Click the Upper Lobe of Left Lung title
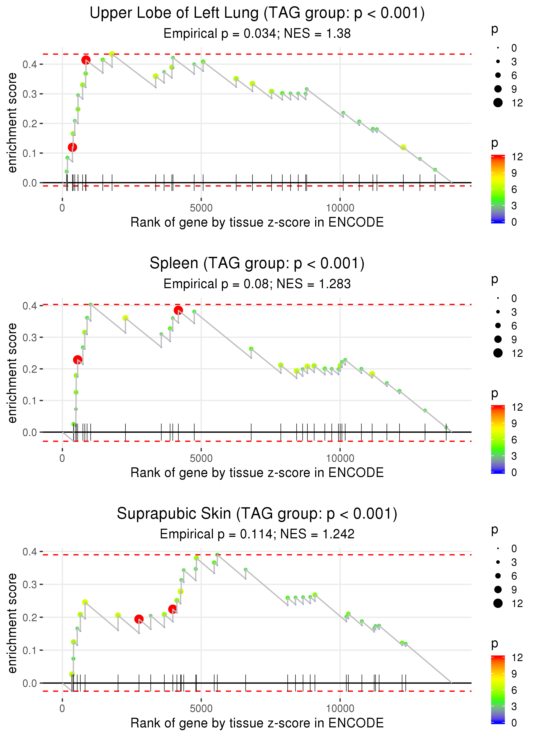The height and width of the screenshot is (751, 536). click(x=257, y=13)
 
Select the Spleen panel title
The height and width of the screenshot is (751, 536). click(x=257, y=263)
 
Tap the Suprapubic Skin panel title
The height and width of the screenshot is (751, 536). click(x=257, y=513)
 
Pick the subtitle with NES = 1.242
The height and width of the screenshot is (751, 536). click(x=257, y=534)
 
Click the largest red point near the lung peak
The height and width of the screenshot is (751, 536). click(x=86, y=60)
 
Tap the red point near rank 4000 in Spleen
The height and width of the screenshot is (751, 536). click(x=178, y=310)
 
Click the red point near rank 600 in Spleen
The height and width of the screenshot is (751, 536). click(x=78, y=360)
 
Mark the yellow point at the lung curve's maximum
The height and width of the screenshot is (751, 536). click(x=112, y=54)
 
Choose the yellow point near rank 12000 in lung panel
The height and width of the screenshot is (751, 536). click(x=403, y=147)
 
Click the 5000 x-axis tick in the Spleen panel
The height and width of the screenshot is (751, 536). click(x=201, y=458)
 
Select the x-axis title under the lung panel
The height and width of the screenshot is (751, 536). click(x=257, y=222)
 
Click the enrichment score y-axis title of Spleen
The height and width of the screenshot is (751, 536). click(x=12, y=373)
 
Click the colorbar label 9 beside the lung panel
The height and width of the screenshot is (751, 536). click(x=514, y=173)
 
